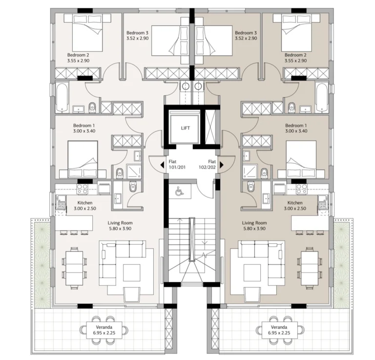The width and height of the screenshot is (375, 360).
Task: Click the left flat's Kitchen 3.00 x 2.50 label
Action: tap(85, 206)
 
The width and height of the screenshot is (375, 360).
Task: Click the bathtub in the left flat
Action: tap(62, 98)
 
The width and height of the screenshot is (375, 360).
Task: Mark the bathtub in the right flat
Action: tap(322, 98)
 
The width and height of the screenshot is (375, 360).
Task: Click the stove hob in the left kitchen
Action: tap(82, 189)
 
